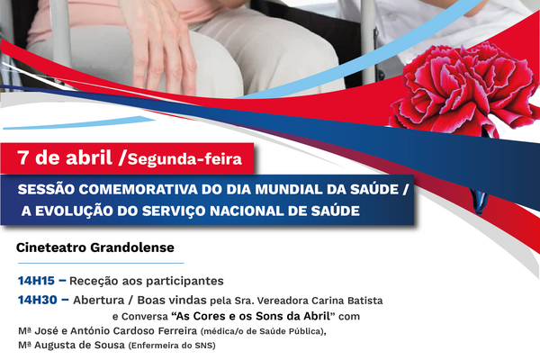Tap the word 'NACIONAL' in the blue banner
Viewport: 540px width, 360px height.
pyautogui.click(x=258, y=211)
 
